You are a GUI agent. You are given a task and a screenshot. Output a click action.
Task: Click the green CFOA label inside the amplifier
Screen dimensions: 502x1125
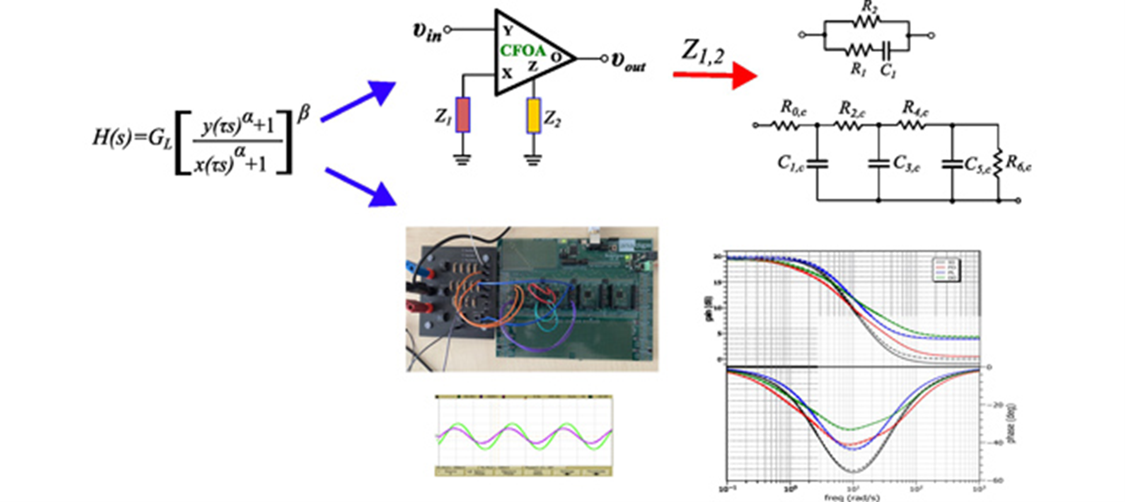point(523,51)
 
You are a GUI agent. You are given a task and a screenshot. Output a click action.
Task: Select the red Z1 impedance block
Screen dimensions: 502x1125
point(463,115)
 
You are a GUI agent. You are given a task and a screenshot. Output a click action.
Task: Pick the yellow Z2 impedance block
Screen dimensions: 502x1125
point(534,115)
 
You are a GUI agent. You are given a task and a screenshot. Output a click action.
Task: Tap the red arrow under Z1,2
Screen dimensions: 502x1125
point(715,75)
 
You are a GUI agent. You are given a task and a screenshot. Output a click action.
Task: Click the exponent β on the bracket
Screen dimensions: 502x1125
point(303,114)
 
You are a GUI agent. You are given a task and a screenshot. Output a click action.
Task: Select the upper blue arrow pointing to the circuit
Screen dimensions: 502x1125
point(358,101)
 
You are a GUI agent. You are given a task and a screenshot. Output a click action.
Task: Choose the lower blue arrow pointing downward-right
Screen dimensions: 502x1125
point(362,186)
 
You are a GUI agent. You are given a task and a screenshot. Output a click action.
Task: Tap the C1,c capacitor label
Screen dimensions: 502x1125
point(790,163)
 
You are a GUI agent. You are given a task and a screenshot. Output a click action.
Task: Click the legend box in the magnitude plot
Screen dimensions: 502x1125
point(946,270)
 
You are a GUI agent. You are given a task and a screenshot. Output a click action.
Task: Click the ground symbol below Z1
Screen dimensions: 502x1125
point(462,158)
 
